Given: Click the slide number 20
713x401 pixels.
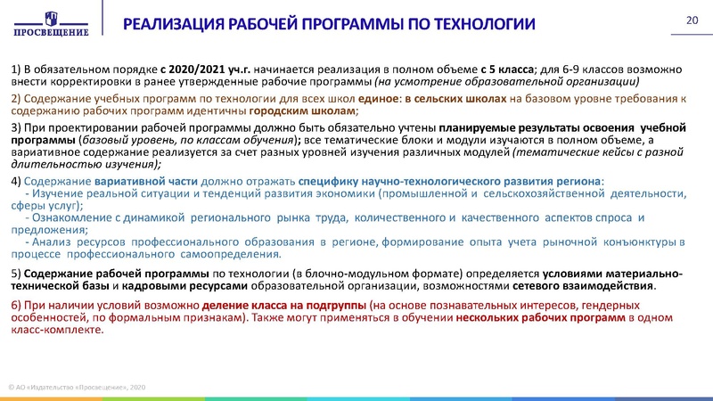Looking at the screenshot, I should [x=691, y=20].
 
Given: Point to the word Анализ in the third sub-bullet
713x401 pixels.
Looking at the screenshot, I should [x=54, y=242].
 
